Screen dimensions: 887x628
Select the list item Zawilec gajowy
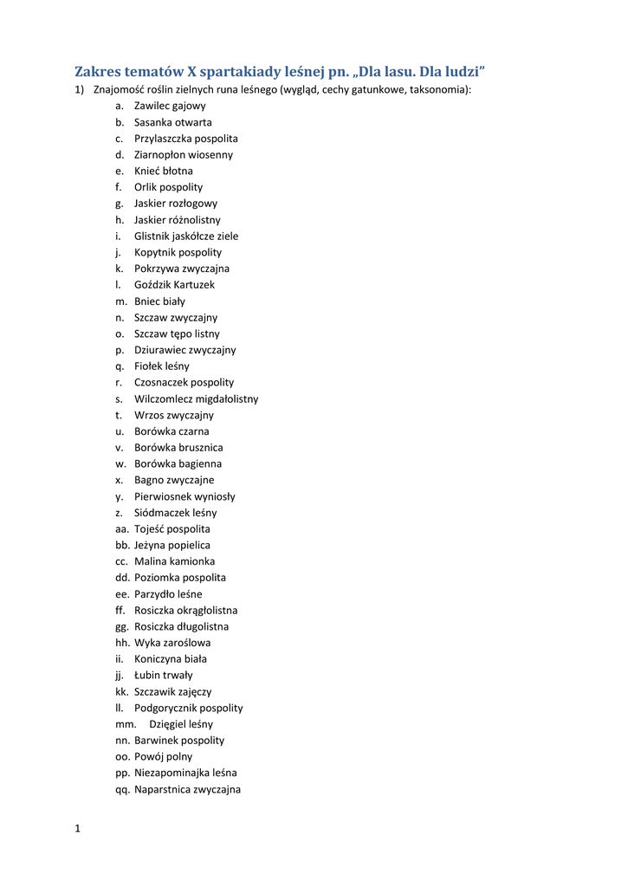170,106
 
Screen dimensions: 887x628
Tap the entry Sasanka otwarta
172,122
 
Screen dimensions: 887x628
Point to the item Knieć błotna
164,171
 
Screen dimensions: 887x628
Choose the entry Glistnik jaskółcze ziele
186,236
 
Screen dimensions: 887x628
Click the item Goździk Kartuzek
174,284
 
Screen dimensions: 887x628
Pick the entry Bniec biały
159,301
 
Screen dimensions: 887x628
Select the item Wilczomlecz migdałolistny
196,399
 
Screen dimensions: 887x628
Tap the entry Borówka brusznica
178,448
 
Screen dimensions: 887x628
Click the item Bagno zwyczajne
174,480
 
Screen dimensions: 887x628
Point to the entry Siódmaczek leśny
176,513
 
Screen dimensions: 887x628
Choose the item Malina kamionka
174,561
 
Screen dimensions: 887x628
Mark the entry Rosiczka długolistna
182,626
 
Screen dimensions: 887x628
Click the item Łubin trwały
164,675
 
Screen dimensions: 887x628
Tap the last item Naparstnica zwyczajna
187,789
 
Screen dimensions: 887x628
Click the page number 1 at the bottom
77,829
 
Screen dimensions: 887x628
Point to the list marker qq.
122,789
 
